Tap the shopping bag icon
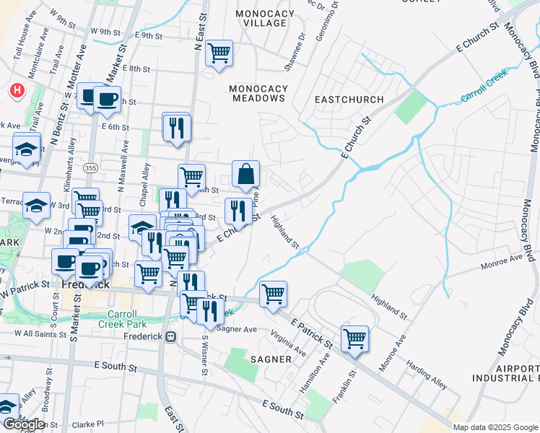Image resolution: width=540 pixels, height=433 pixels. point(245,173)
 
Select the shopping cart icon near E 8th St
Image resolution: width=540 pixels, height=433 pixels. point(219,53)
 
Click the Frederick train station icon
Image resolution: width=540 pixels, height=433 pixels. point(171,336)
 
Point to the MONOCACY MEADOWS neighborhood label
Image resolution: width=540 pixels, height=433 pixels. point(258,94)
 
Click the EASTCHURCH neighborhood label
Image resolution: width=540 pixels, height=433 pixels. point(349,99)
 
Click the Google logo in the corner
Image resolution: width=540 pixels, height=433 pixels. point(24,424)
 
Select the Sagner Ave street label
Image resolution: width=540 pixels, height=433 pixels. point(237,329)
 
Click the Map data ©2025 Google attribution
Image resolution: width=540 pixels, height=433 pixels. point(495,427)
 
